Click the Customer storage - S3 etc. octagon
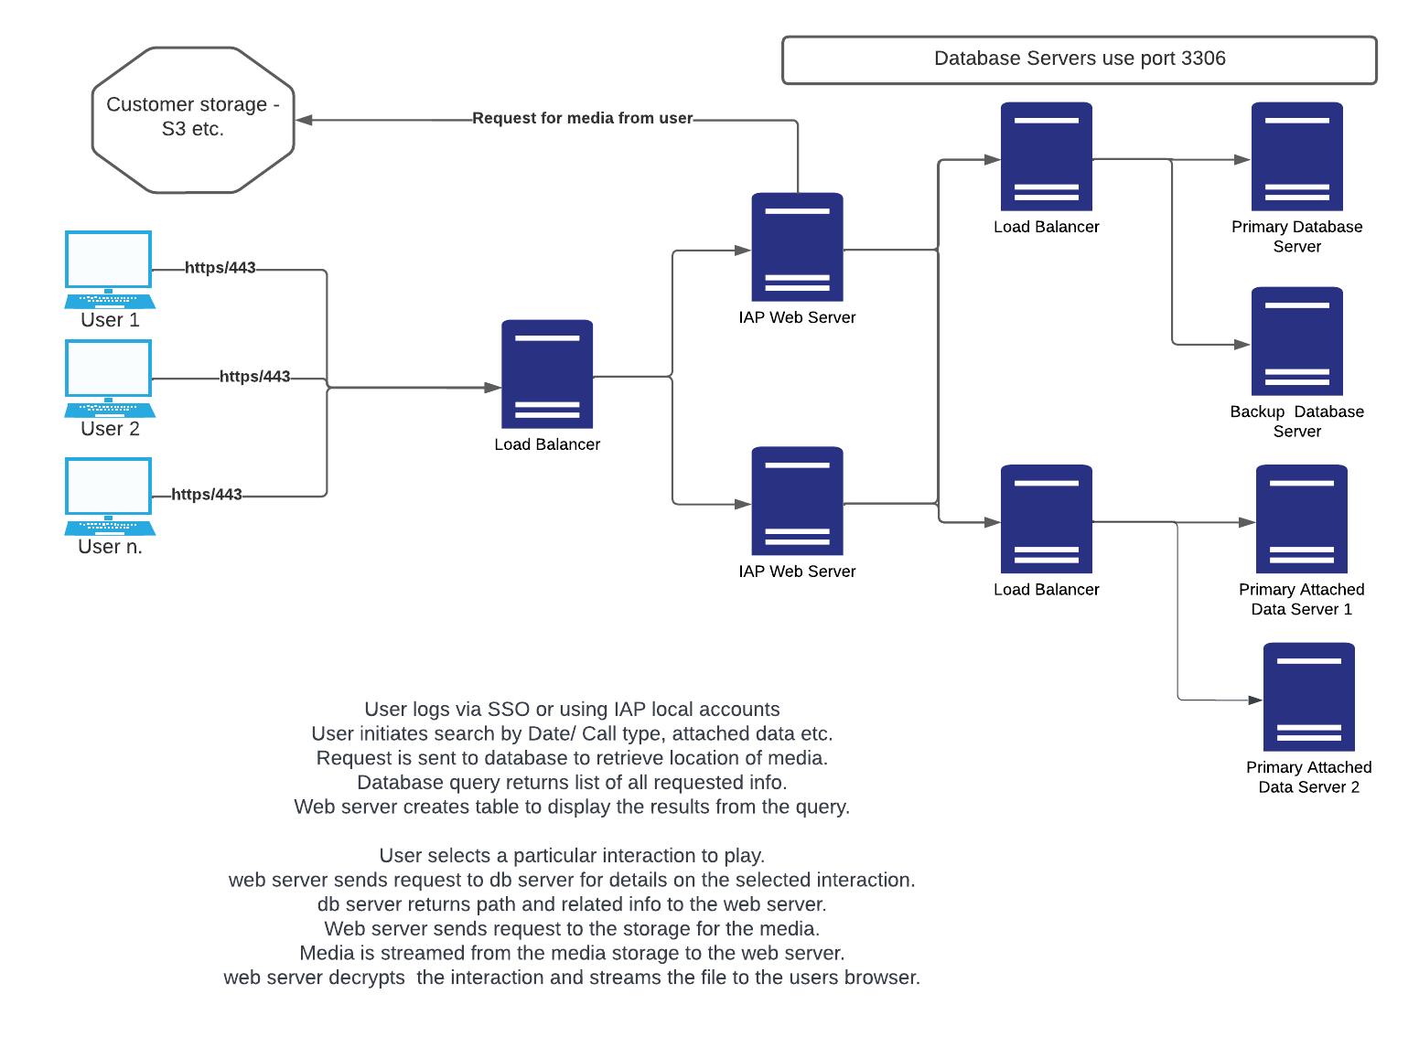pos(193,120)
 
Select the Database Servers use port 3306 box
pos(1079,59)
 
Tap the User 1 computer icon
pos(109,269)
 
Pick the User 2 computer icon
pos(109,378)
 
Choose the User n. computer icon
pos(109,496)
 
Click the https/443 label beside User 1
pos(220,268)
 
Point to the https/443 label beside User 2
pos(255,377)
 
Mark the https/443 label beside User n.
pos(207,495)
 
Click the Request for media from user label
pos(583,118)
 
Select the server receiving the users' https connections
pos(547,374)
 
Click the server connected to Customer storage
pos(797,247)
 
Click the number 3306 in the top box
pos(1203,59)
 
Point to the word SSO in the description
pos(508,710)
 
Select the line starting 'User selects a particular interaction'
pos(572,856)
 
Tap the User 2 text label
pos(110,429)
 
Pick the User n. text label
pos(110,547)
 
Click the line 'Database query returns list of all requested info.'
pos(572,783)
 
